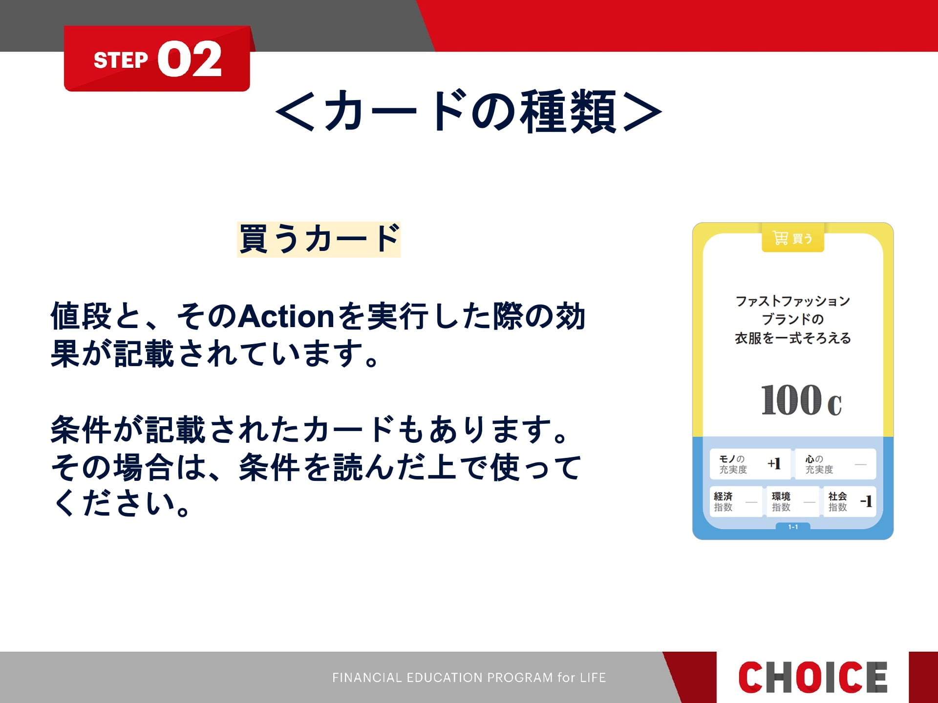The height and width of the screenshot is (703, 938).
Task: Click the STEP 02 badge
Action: tap(157, 59)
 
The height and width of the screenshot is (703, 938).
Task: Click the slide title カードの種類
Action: tap(469, 111)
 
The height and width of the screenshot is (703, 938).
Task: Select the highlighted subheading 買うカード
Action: tap(319, 239)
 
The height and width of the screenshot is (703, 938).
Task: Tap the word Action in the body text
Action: tap(287, 316)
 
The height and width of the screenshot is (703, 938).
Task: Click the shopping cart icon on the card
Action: tap(780, 238)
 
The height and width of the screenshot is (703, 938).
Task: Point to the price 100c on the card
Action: tap(801, 400)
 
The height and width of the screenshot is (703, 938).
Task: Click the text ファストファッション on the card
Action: tap(793, 301)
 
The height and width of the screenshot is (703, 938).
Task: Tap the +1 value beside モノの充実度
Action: tap(774, 463)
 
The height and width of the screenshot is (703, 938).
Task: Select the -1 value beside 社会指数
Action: tap(866, 501)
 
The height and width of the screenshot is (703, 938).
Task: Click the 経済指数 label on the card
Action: tap(723, 501)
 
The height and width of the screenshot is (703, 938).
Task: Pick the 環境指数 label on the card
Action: tap(781, 501)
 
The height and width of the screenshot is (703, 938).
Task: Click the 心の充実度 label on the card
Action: tap(819, 464)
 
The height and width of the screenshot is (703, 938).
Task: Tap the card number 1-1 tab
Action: tap(793, 527)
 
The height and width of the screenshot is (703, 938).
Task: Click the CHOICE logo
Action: tap(812, 677)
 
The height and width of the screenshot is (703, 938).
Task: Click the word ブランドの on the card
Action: tap(793, 319)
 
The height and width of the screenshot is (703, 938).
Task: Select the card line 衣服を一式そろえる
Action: tap(793, 338)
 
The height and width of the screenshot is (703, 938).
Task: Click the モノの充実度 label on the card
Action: tap(733, 464)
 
